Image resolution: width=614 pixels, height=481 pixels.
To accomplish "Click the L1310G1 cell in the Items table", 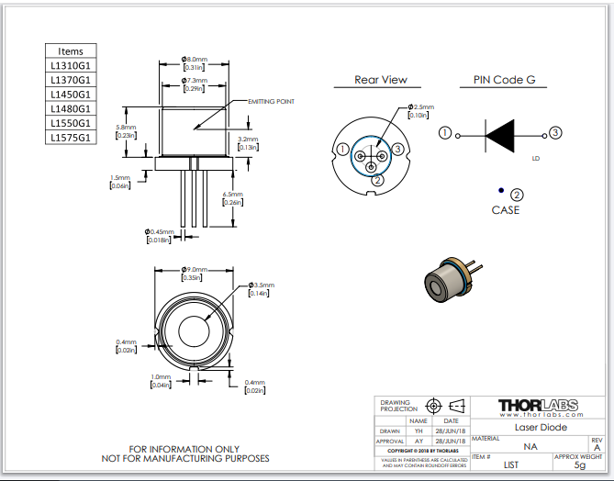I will (71, 65).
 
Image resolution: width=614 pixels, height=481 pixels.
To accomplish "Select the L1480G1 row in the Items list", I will (71, 108).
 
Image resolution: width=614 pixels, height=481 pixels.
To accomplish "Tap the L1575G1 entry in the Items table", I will (71, 138).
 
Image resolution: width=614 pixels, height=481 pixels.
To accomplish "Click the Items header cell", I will (71, 51).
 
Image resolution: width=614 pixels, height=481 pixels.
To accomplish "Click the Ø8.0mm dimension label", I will (194, 60).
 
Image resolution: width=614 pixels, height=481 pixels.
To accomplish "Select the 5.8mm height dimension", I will (127, 128).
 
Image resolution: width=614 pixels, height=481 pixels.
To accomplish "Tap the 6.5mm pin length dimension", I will (233, 195).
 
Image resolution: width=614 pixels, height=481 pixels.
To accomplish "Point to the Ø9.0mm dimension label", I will (194, 270).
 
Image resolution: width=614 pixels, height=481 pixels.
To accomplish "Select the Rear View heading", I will (381, 80).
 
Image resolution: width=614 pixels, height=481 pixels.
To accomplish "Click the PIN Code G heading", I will (504, 80).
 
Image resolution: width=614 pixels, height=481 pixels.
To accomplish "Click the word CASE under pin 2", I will (505, 210).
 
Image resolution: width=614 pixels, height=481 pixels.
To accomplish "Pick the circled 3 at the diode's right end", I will (556, 133).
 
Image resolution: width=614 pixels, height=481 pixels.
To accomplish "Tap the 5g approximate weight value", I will (579, 465).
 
